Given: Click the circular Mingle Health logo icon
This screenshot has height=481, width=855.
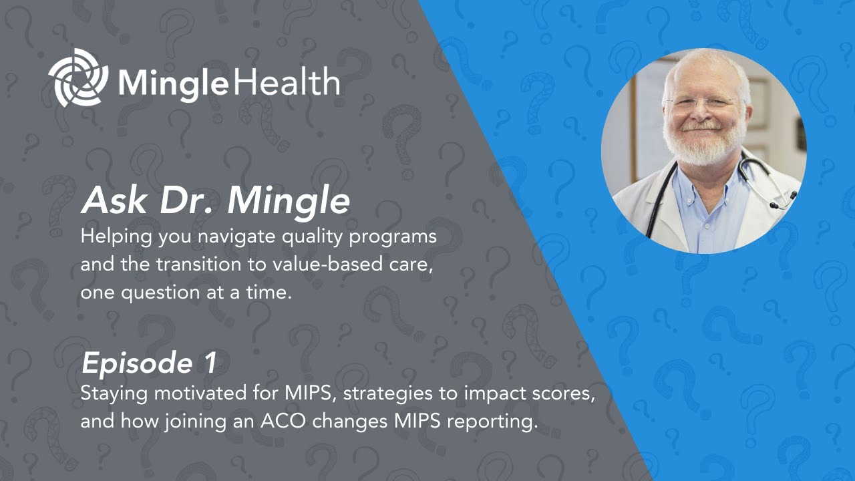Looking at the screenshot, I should pos(78,77).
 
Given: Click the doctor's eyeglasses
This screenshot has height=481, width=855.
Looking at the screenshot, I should pos(703,104).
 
